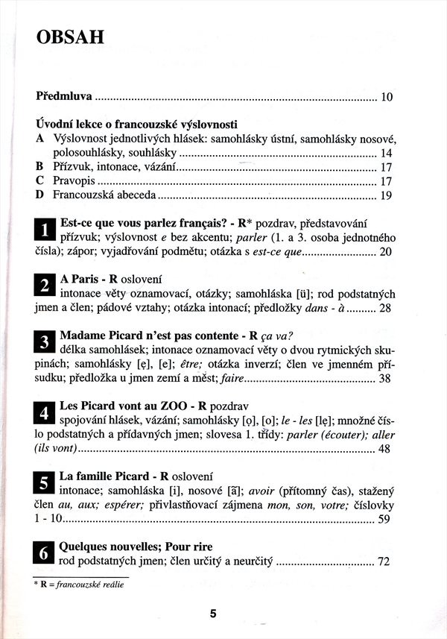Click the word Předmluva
[64, 96]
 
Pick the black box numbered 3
[45, 342]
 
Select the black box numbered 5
[45, 482]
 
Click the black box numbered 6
[45, 553]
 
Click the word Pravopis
[74, 181]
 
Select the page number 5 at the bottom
[213, 614]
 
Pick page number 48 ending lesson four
[384, 449]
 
